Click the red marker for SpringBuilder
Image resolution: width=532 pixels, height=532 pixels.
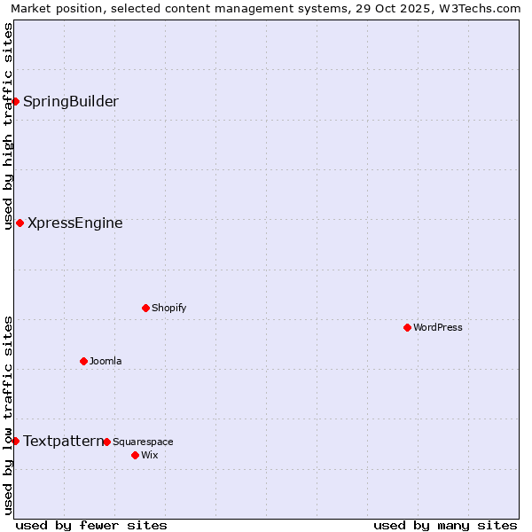[x=15, y=101]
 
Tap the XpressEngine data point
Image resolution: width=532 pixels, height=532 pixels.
[x=20, y=223]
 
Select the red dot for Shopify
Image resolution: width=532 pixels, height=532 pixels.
[x=145, y=308]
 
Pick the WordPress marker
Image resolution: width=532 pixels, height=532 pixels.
[x=407, y=327]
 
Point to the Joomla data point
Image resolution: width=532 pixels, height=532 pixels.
[x=83, y=361]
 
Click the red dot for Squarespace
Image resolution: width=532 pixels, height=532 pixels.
[x=106, y=442]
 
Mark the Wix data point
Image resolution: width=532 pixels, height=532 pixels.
[x=135, y=455]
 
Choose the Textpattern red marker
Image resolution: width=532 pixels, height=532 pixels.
[x=15, y=441]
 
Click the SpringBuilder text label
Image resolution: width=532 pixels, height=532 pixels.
[x=71, y=101]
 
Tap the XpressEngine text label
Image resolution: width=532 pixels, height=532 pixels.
[x=75, y=223]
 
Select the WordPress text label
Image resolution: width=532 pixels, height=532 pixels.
[x=438, y=327]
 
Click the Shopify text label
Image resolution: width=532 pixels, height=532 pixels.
[x=169, y=308]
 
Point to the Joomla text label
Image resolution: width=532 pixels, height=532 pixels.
[x=106, y=361]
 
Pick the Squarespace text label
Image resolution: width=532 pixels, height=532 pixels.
[x=143, y=442]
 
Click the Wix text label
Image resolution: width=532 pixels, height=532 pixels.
[x=149, y=455]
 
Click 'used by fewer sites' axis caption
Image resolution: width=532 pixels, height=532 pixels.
[x=91, y=525]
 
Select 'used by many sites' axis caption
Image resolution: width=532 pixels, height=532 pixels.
[x=445, y=525]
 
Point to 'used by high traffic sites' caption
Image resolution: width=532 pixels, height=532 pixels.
[x=8, y=126]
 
